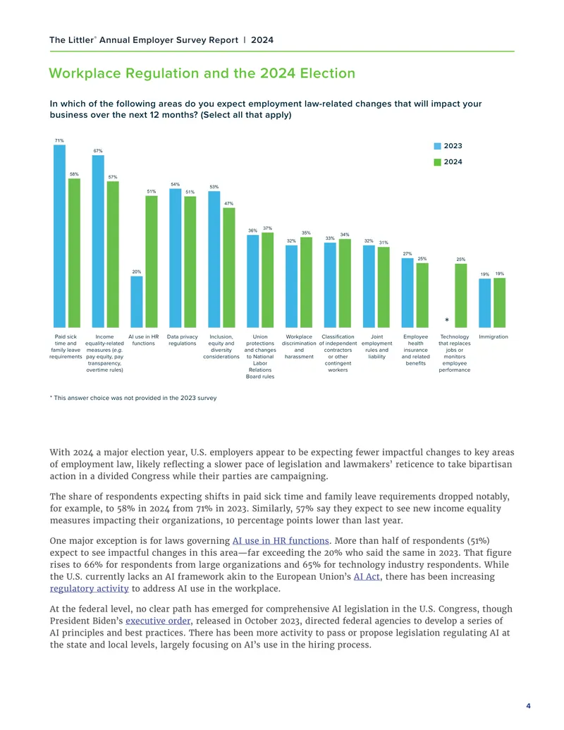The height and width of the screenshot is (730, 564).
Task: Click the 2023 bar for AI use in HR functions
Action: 136,302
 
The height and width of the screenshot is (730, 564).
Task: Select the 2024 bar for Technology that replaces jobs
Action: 460,296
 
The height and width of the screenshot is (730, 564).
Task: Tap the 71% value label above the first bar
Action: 59,140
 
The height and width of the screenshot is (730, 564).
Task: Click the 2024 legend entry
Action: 448,162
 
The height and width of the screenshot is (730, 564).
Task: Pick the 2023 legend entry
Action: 448,146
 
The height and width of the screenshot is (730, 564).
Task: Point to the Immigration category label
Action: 493,336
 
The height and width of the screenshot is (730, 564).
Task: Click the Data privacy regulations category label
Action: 183,340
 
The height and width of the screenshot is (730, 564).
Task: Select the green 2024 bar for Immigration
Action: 499,303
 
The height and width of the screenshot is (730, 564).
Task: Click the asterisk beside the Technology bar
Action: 447,320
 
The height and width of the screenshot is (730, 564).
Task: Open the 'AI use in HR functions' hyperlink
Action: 281,540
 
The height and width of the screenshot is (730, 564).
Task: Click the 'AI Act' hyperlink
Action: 367,576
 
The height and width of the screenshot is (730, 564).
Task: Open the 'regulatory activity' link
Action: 90,588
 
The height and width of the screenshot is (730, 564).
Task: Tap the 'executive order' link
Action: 158,621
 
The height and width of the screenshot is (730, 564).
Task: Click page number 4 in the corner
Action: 528,706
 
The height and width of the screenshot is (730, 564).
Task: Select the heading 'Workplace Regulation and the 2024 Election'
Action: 202,73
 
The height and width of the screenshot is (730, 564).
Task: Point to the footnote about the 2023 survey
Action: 133,398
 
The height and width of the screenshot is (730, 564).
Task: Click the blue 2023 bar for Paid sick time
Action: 59,236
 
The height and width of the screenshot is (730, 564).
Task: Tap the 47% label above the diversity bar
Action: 228,203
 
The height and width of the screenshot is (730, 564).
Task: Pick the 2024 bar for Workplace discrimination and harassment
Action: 306,282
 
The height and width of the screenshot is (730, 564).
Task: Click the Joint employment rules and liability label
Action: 377,346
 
